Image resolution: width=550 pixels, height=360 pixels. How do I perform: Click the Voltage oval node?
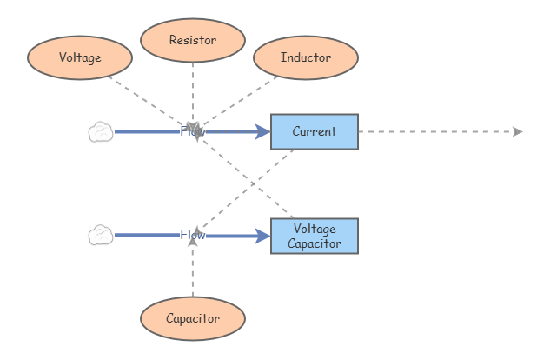pyautogui.click(x=80, y=57)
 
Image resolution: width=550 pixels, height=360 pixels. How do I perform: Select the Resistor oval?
pyautogui.click(x=193, y=40)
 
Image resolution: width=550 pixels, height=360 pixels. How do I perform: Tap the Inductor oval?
pyautogui.click(x=306, y=57)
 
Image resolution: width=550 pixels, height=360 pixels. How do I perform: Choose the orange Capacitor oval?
pyautogui.click(x=193, y=318)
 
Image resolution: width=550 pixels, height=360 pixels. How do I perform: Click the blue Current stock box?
pyautogui.click(x=314, y=131)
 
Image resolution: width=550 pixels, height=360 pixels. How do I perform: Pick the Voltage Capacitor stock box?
pyautogui.click(x=314, y=236)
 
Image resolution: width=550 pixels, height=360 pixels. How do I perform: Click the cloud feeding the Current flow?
pyautogui.click(x=101, y=132)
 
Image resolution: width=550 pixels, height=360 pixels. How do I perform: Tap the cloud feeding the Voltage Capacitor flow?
pyautogui.click(x=101, y=235)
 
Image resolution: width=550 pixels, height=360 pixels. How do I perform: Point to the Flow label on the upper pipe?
pyautogui.click(x=192, y=131)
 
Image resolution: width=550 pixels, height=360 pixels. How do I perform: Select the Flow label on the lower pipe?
pyautogui.click(x=192, y=235)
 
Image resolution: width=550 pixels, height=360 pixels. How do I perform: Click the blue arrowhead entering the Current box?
pyautogui.click(x=263, y=131)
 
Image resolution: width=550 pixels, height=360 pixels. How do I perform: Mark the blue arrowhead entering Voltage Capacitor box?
pyautogui.click(x=263, y=236)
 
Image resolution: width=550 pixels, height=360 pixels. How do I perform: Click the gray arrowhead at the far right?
pyautogui.click(x=518, y=131)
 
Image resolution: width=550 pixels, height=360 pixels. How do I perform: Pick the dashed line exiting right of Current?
pyautogui.click(x=434, y=131)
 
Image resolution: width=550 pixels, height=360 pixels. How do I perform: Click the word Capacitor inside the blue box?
pyautogui.click(x=314, y=243)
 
